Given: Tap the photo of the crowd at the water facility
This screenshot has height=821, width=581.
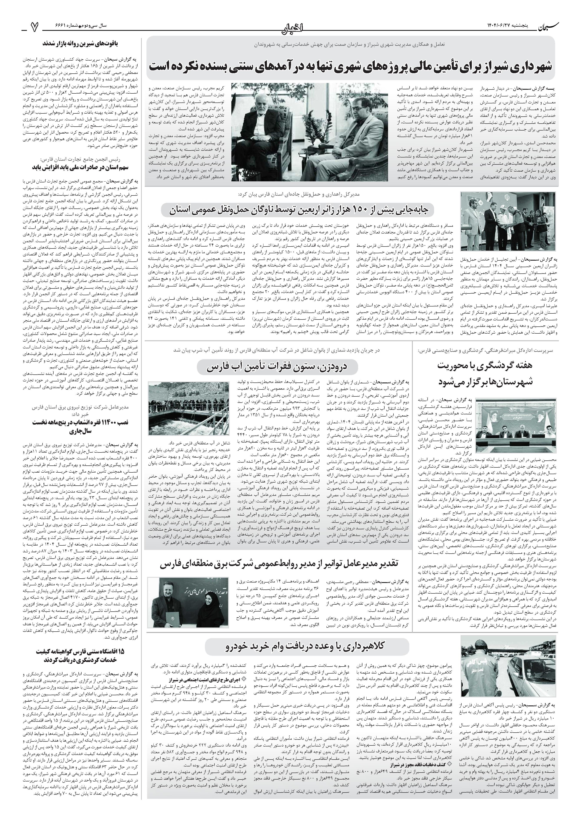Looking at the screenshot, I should (x=189, y=408).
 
